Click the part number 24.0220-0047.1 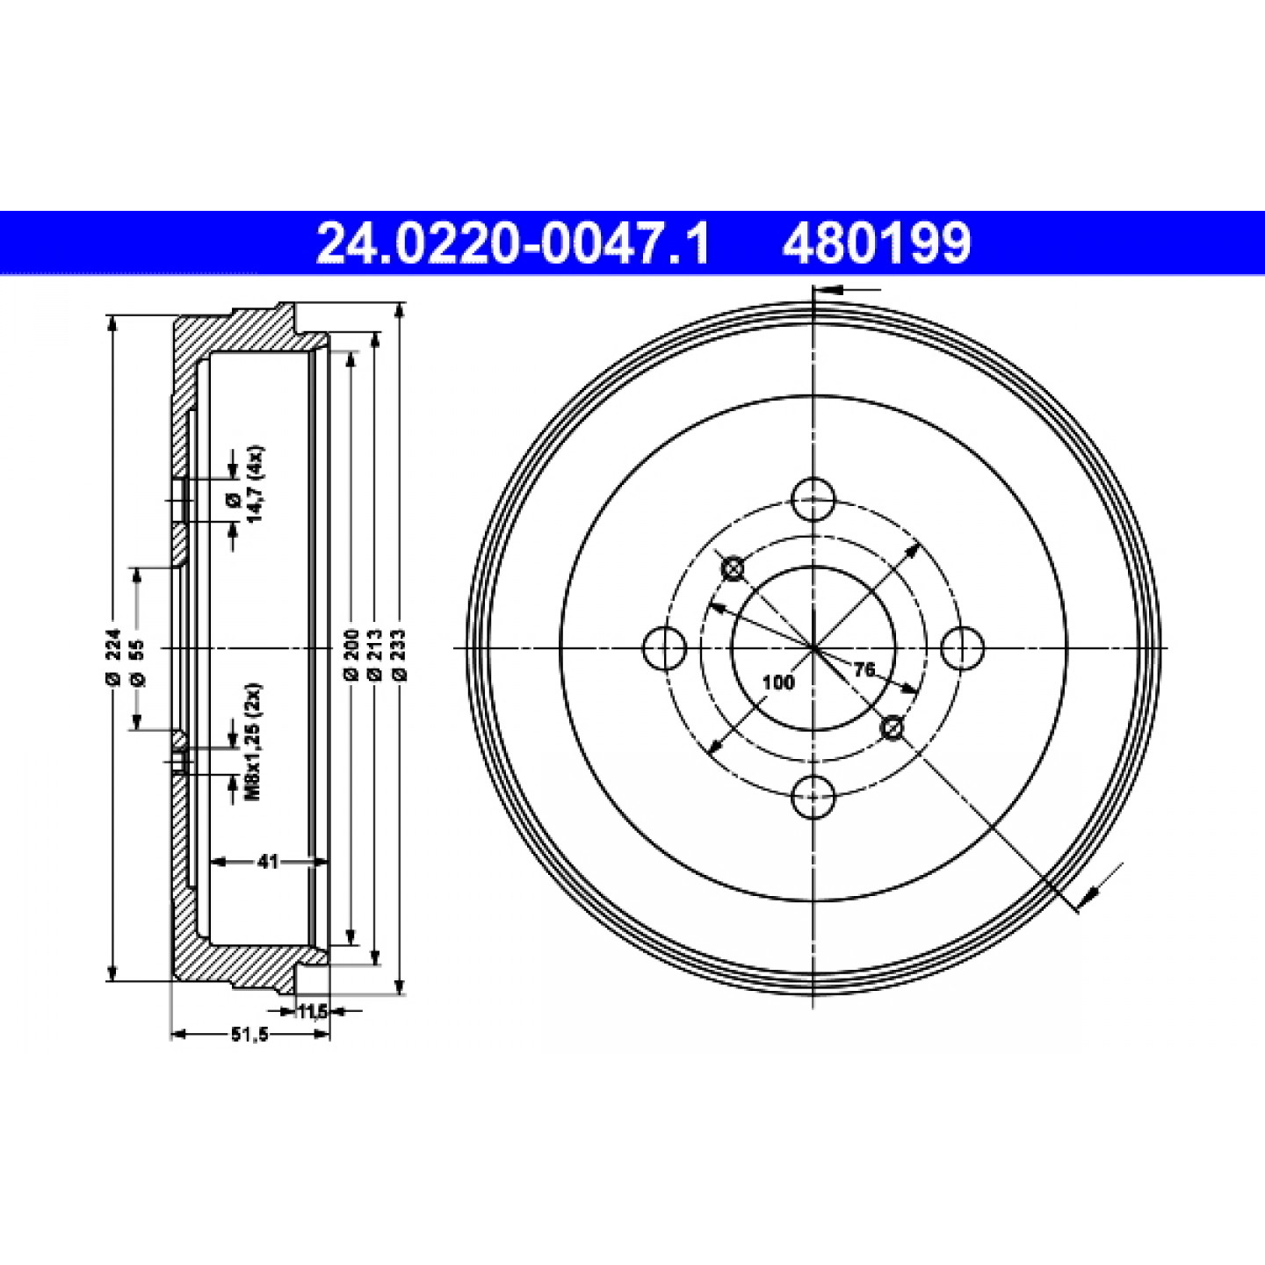513,243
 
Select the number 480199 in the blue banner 877,243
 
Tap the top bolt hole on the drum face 813,500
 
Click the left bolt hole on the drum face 665,648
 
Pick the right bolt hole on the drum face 963,648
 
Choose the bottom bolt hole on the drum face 813,797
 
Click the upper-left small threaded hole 734,568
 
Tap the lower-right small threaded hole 893,727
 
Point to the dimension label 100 779,683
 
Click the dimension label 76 864,669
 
